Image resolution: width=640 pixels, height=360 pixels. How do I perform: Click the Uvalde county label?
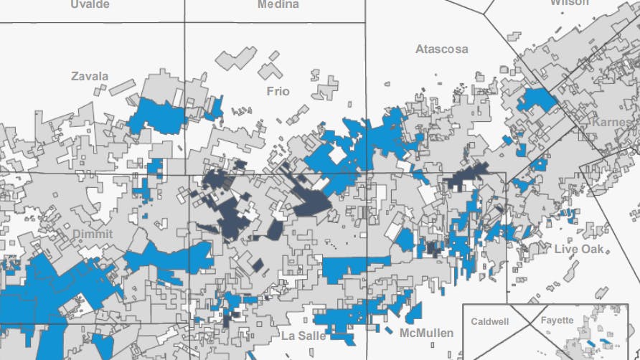coord(90,4)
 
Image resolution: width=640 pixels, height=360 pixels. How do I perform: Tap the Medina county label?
coord(278,4)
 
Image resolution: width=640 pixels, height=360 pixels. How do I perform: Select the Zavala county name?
coord(90,76)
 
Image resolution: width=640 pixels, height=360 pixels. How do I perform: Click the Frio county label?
coord(278,91)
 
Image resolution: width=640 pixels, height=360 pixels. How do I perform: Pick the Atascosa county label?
coord(441,49)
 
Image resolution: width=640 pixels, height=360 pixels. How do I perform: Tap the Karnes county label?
coord(611,122)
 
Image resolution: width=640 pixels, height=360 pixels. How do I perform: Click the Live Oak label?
coord(579,249)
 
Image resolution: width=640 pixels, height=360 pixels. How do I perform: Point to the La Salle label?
coord(303,336)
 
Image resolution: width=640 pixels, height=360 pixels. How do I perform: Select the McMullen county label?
coord(426,333)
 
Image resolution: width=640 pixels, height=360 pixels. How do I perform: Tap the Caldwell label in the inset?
coord(489,321)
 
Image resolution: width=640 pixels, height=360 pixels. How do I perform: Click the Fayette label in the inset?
coord(557,321)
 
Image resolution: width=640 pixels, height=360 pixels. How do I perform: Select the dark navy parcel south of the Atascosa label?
coord(466,176)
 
